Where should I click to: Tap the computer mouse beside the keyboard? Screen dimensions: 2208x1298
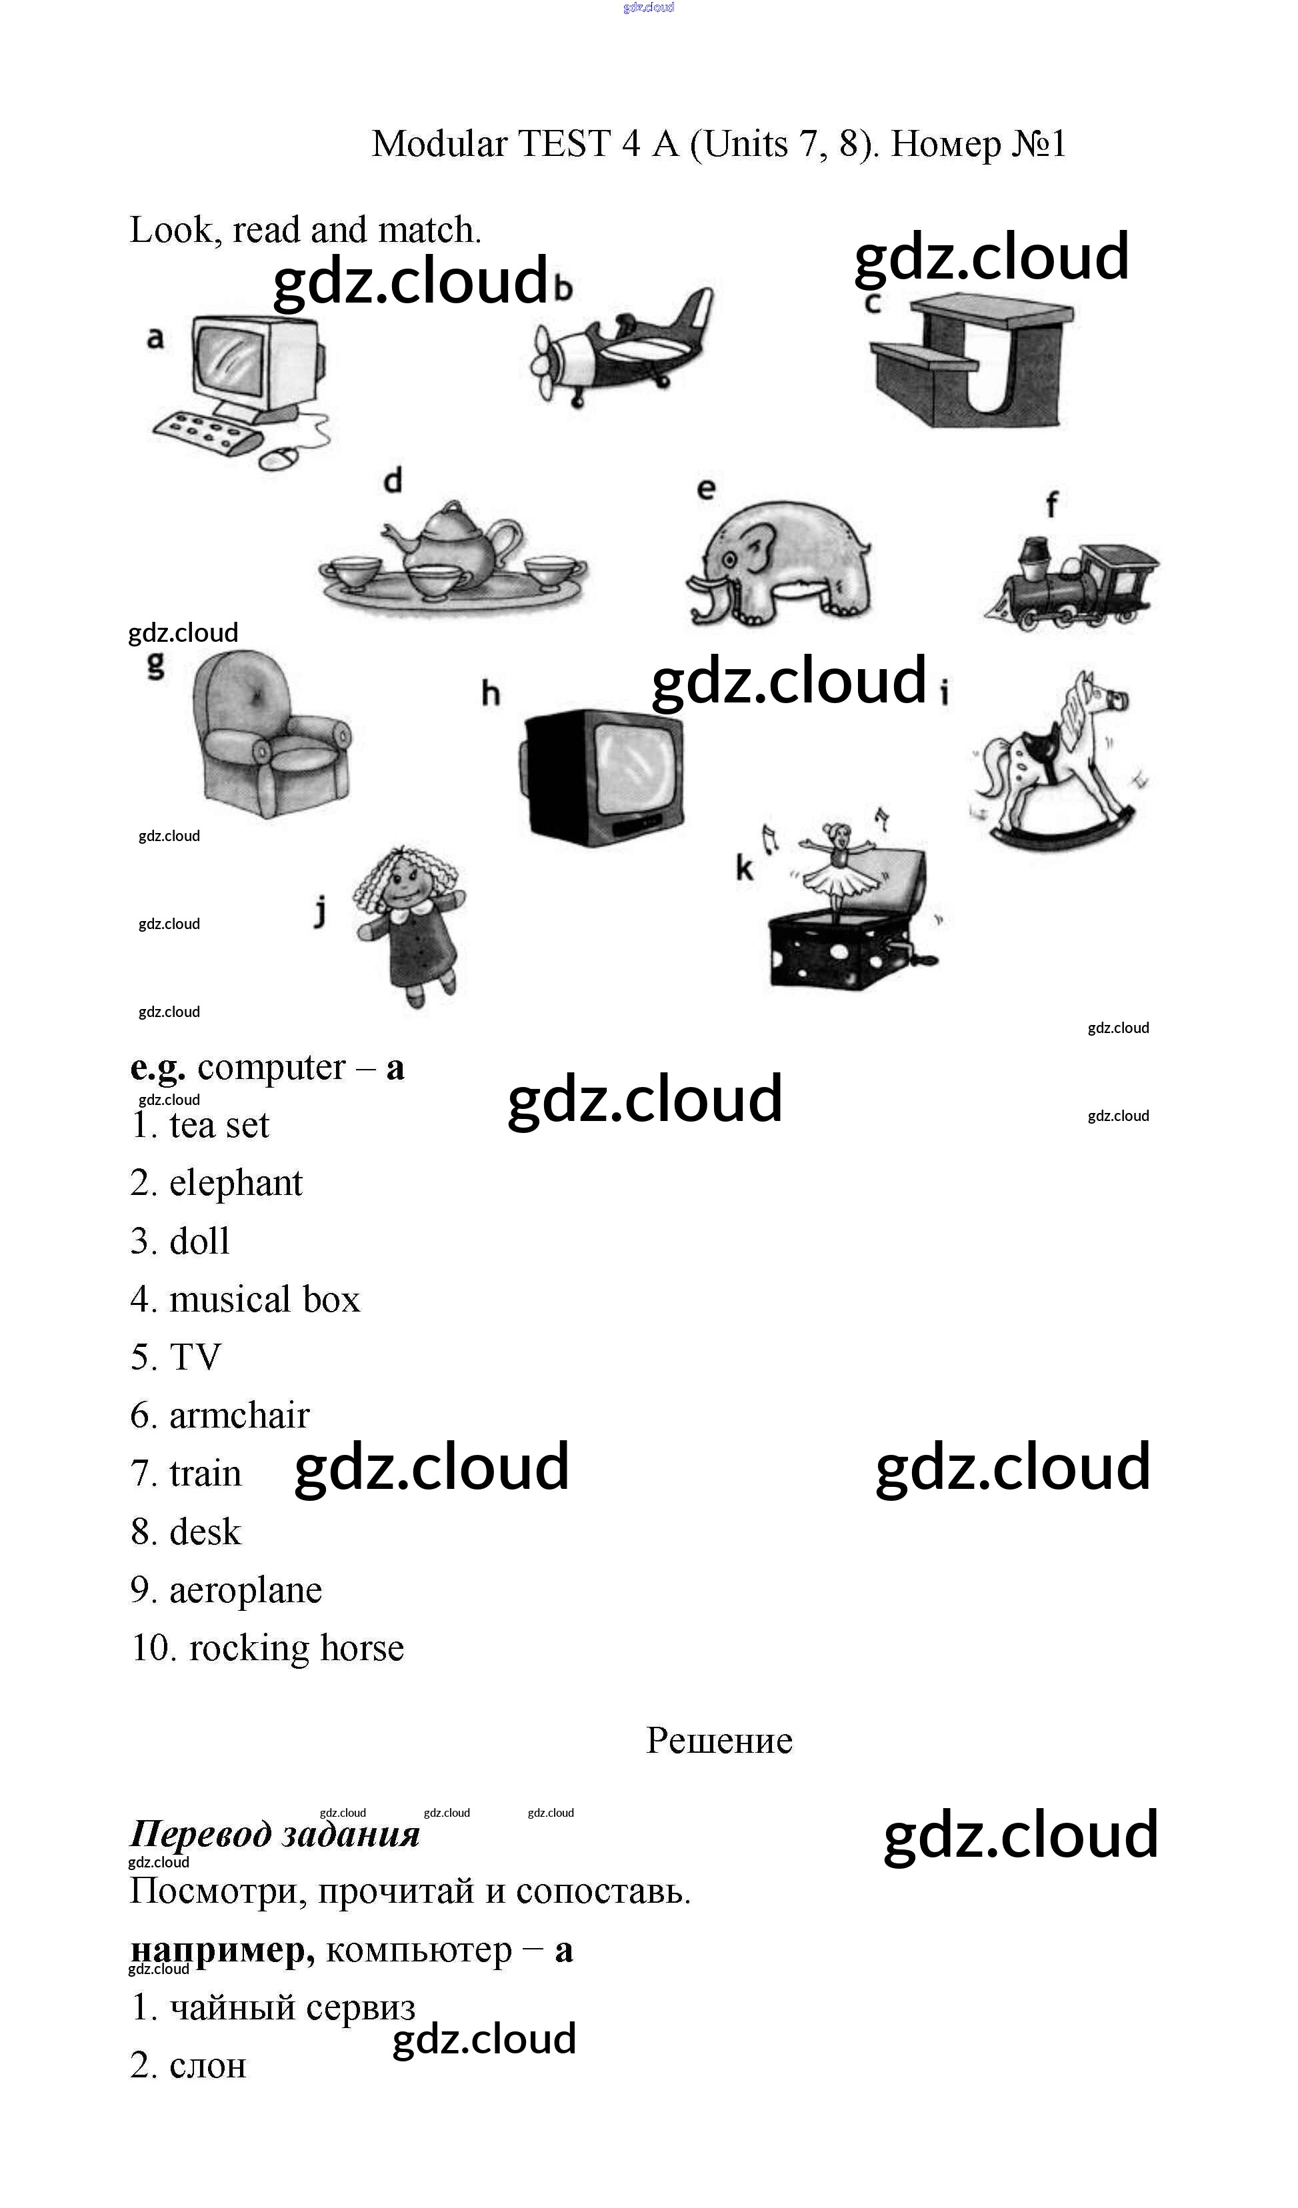point(279,459)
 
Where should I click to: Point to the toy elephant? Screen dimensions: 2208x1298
point(778,562)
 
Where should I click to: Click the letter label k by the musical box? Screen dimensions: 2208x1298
point(744,869)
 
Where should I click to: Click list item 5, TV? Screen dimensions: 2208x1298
point(195,1357)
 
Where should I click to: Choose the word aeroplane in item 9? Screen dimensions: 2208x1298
point(245,1590)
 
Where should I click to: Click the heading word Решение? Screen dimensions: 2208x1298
point(719,1741)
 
